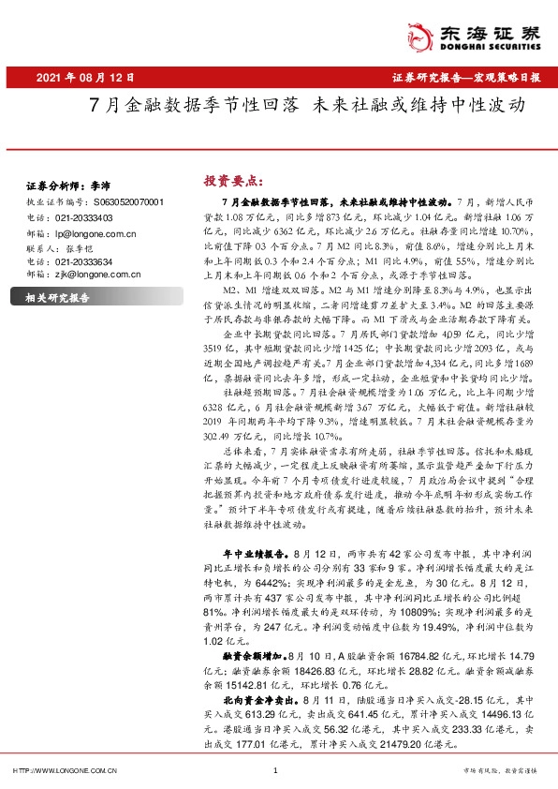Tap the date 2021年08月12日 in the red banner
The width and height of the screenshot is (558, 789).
click(87, 77)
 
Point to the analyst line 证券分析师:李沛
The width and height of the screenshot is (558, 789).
click(63, 186)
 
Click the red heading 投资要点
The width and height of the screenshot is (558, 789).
click(233, 181)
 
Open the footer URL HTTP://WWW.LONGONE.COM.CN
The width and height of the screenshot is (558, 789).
click(63, 770)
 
